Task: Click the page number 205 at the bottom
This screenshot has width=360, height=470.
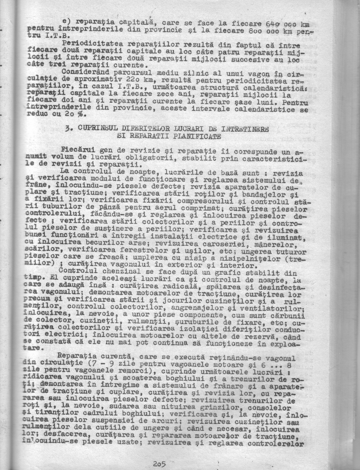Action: [x=159, y=464]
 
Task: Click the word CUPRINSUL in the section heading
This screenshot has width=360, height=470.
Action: [x=96, y=129]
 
